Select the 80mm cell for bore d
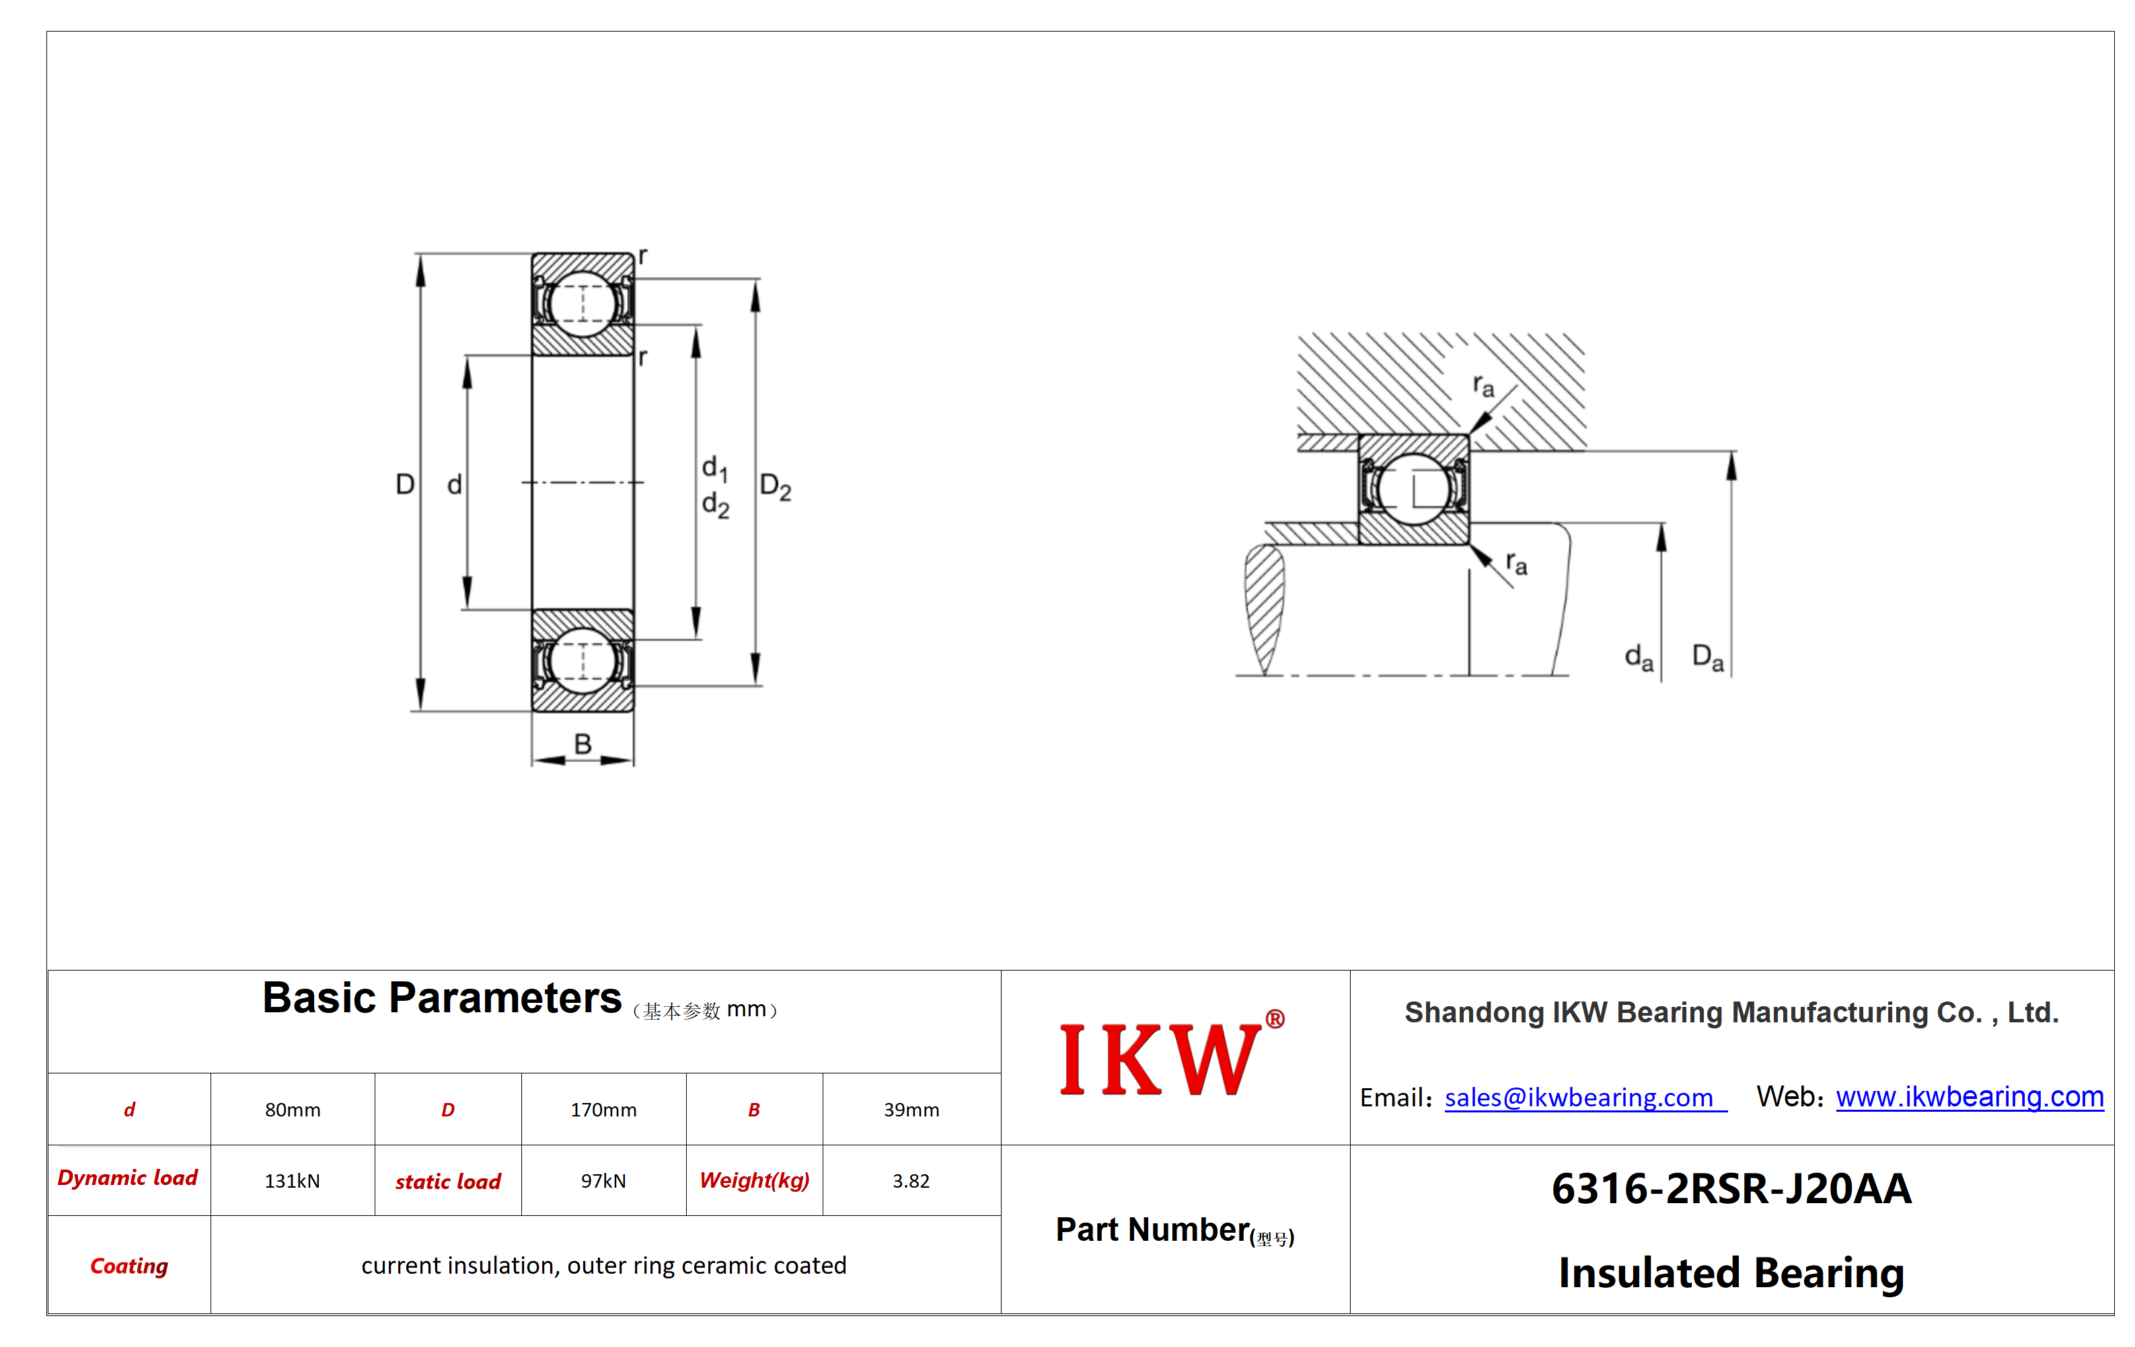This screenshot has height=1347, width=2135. click(293, 1110)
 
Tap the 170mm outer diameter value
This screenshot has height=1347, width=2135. click(603, 1110)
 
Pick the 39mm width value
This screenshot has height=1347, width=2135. click(911, 1110)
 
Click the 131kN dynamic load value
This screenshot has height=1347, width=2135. click(293, 1181)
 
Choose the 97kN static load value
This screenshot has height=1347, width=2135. click(603, 1181)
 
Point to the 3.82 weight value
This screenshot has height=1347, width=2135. click(911, 1181)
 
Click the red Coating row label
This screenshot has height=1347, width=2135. click(129, 1266)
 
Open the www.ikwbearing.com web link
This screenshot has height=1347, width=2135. click(1970, 1097)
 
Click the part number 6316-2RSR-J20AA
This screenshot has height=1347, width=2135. click(1731, 1189)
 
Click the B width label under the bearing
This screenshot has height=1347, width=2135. click(583, 743)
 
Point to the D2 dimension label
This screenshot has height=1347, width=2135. click(776, 487)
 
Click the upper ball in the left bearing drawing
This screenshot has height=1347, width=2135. click(582, 304)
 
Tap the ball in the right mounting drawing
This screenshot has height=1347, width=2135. click(1413, 488)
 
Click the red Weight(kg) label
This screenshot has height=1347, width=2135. click(755, 1181)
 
